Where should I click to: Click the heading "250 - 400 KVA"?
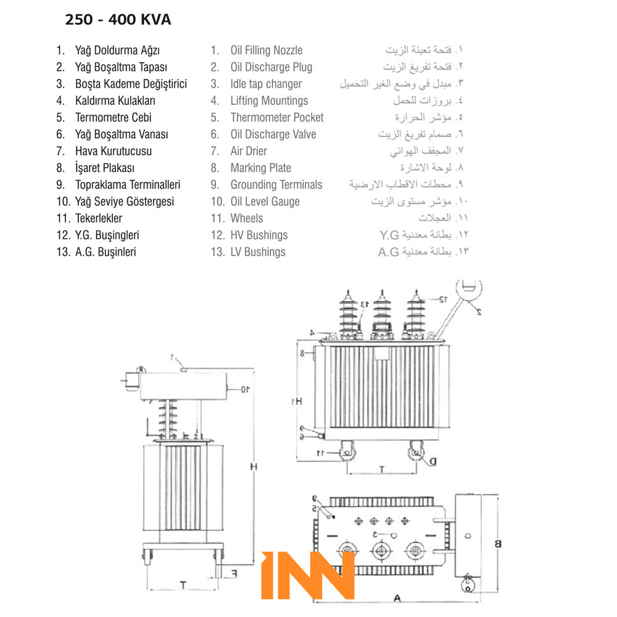[118, 20]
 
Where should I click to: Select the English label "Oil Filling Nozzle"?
[266, 51]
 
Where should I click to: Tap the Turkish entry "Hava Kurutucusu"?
[113, 151]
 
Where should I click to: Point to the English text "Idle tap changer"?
[266, 84]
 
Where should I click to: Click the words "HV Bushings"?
[259, 235]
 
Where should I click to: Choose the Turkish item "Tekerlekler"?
[98, 218]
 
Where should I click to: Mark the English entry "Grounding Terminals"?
[276, 185]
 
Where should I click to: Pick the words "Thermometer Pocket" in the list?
[276, 118]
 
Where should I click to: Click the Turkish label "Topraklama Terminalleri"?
[127, 185]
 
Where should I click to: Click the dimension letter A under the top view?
[397, 597]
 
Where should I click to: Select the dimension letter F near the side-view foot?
[234, 573]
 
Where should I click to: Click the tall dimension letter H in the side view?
[253, 467]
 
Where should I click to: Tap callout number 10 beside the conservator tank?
[244, 389]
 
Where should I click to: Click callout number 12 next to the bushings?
[442, 299]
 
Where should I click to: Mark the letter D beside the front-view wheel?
[433, 461]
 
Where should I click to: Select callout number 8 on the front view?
[302, 353]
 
